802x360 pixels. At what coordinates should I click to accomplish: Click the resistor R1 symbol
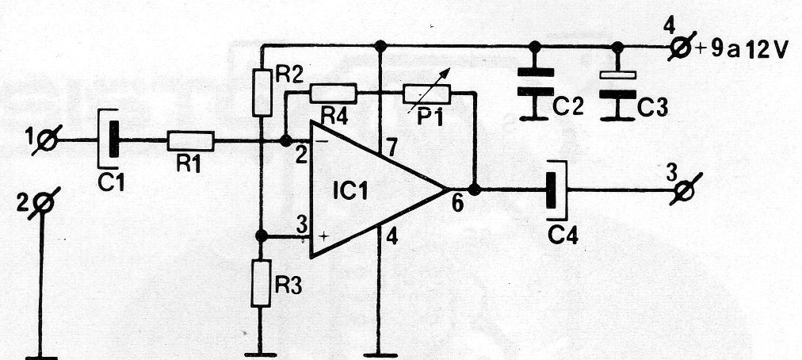tap(190, 141)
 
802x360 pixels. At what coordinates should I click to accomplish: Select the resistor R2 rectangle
tap(262, 92)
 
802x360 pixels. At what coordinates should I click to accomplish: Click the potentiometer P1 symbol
tap(426, 94)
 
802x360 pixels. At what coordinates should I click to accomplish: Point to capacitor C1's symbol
tap(112, 140)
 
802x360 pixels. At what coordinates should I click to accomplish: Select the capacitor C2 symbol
tap(535, 81)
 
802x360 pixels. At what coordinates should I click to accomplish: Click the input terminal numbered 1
tap(46, 141)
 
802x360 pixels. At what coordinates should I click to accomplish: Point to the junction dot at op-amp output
tap(474, 190)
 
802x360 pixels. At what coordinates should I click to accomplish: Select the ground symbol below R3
tap(261, 354)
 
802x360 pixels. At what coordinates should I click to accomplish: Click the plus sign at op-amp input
tap(323, 236)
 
